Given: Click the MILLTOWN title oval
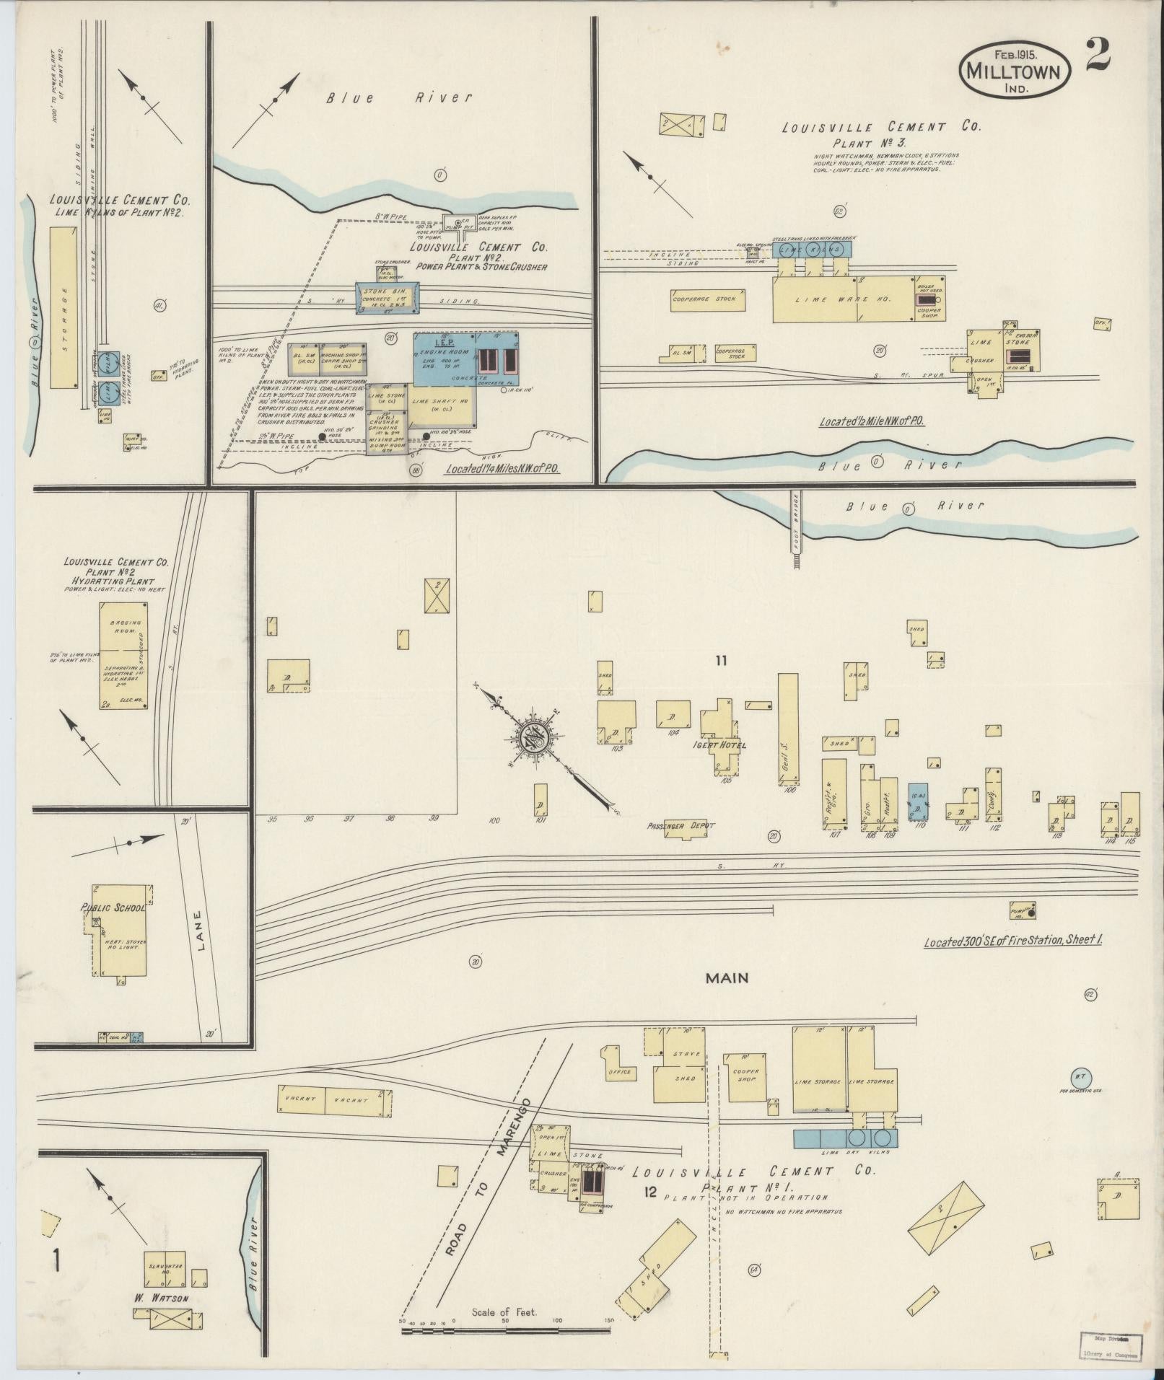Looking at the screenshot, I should click(x=1013, y=71).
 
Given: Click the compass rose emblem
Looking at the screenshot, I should click(x=536, y=741).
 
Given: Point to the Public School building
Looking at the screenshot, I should click(x=120, y=931).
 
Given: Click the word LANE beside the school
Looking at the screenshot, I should click(x=200, y=931).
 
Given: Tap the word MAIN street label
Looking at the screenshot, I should click(x=726, y=978).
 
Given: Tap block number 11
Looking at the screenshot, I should click(x=720, y=660).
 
